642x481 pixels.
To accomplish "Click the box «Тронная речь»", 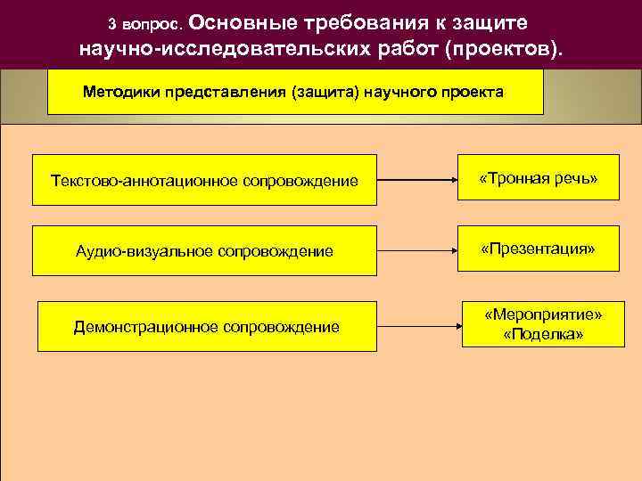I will pos(538,180).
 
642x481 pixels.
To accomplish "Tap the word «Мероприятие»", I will pos(543,315).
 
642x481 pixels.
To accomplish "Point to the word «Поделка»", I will pos(543,334).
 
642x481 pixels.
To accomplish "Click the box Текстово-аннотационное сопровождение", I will pos(204,181).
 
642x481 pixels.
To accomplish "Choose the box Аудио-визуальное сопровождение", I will pos(204,252).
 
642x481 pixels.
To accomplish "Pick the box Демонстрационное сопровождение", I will pos(206,327).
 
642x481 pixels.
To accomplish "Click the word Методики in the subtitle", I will pos(120,92).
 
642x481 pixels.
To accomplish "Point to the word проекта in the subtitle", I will pos(473,92).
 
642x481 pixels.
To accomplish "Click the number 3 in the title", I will pos(111,24).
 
